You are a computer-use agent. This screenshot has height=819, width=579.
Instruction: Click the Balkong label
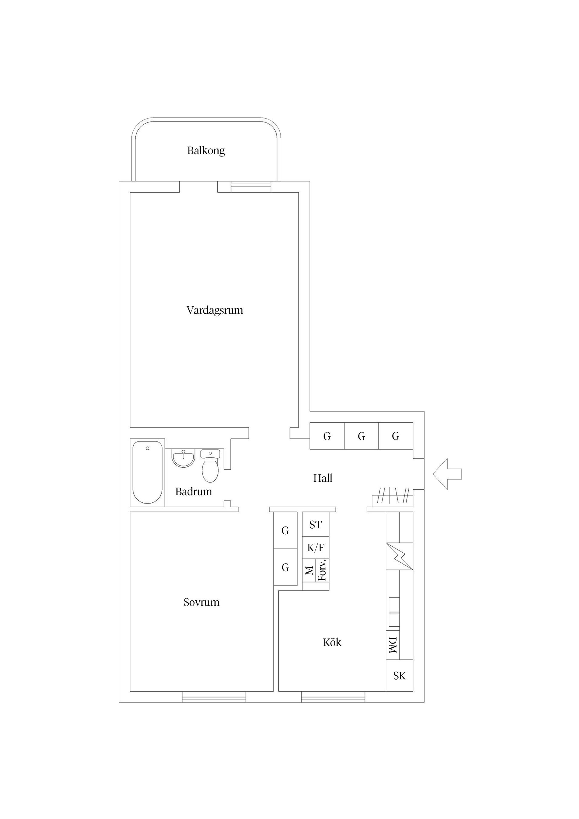click(206, 150)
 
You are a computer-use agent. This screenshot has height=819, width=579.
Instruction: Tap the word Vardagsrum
click(215, 310)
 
